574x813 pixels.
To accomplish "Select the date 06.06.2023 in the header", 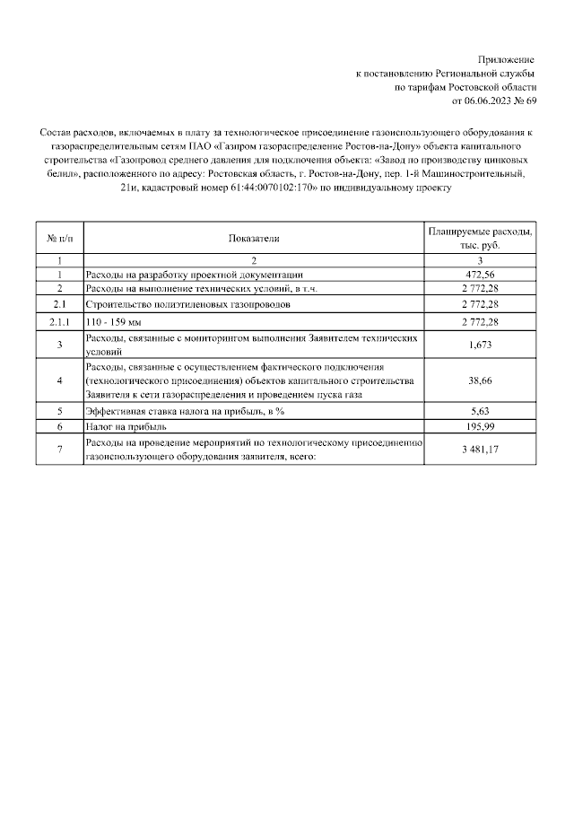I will click(478, 101).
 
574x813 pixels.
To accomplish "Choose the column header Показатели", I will click(254, 239).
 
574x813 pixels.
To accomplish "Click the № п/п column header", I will click(59, 239).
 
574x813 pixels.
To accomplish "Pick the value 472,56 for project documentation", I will click(480, 274).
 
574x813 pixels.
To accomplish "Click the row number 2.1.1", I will click(59, 321).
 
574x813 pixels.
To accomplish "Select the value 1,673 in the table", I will click(480, 345).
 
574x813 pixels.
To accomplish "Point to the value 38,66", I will click(480, 380).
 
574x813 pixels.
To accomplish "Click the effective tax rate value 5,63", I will click(480, 413).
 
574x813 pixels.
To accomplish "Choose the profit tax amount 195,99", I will click(480, 428).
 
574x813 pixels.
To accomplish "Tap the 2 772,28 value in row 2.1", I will click(480, 305).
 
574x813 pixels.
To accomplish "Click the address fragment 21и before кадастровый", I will click(128, 188).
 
